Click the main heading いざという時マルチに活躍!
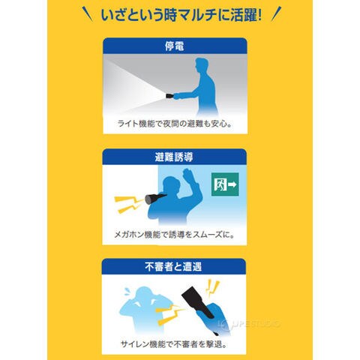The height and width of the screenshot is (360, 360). (181, 15)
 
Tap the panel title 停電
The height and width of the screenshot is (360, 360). (175, 46)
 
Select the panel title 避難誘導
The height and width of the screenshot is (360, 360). (174, 157)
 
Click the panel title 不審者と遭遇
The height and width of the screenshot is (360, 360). (173, 266)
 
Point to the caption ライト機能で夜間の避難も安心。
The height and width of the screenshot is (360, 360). (175, 124)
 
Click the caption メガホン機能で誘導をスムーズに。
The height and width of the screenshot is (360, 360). (175, 235)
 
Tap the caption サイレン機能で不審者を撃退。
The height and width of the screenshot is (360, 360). (174, 344)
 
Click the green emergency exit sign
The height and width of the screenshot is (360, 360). (225, 184)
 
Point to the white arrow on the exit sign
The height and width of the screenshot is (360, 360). (232, 184)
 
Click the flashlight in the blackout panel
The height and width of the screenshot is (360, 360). (170, 96)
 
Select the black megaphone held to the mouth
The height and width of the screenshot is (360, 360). (155, 197)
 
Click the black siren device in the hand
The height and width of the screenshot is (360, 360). (197, 301)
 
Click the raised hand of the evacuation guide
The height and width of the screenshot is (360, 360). (188, 175)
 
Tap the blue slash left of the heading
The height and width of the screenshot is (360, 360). (88, 14)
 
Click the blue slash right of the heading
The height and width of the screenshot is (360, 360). (276, 13)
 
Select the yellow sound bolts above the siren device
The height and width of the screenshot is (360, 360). (211, 287)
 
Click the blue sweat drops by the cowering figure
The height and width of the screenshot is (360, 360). (127, 292)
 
